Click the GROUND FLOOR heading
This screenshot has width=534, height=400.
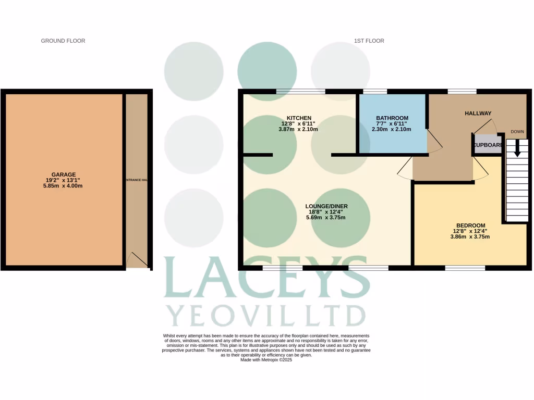pos(63,41)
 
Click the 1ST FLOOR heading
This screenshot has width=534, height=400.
pos(368,41)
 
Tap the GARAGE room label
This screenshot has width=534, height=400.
pos(64,174)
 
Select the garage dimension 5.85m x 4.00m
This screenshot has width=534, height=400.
pos(64,186)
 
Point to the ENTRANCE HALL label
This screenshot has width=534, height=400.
pos(137,180)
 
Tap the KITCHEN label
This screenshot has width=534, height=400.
pos(299,118)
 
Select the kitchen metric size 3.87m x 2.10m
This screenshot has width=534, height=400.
pos(299,129)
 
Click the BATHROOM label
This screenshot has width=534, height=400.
pos(392,118)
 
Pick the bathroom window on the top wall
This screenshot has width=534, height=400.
pos(375,92)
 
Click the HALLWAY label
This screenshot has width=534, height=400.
pos(478,113)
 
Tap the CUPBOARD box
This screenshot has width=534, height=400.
pos(488,145)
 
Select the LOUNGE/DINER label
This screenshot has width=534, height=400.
pos(326,206)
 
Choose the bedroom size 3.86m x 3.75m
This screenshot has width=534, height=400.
pos(469,236)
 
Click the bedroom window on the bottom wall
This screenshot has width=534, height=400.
pos(465,268)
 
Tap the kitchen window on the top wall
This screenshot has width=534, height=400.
pos(301,92)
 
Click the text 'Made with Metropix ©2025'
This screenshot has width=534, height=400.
pos(266,359)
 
